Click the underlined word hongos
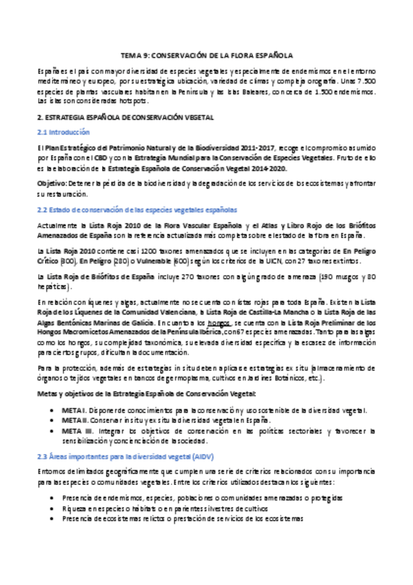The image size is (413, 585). click(218, 321)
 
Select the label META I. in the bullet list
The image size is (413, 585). click(74, 410)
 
